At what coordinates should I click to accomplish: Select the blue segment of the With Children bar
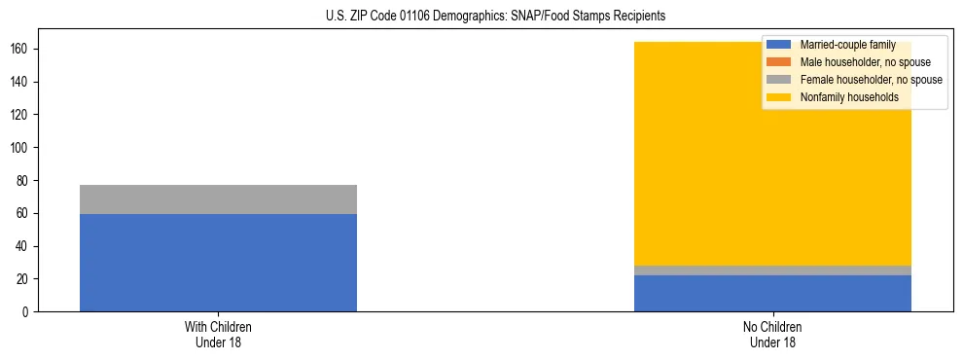click(x=218, y=263)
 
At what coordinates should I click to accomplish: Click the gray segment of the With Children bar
click(x=218, y=199)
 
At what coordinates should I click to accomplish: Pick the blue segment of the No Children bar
click(x=772, y=294)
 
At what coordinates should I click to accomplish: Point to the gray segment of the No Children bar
click(x=772, y=270)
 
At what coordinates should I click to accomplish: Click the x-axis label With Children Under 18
click(x=218, y=335)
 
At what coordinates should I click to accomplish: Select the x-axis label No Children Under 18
click(x=772, y=335)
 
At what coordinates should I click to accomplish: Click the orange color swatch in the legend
click(x=779, y=62)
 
